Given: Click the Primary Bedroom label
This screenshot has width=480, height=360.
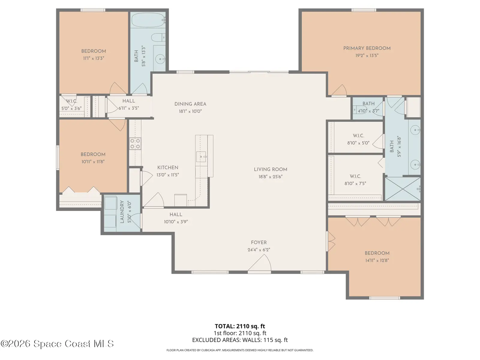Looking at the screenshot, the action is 367,48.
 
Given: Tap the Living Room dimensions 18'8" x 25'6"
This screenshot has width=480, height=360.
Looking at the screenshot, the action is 271,177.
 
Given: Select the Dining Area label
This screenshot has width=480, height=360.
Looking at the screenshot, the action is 190,104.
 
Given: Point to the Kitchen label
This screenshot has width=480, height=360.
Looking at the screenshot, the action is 168,168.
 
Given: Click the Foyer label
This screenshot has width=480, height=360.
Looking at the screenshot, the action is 259,242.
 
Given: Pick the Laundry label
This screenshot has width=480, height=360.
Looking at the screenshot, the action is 122,212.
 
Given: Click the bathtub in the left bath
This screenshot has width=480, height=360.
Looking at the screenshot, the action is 148,20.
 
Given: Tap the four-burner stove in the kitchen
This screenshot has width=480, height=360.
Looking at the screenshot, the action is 135,144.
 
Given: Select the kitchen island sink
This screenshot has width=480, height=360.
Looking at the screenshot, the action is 201,157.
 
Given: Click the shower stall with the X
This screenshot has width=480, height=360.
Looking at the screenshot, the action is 403,189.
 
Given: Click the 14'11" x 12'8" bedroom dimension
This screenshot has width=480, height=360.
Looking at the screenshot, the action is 377,260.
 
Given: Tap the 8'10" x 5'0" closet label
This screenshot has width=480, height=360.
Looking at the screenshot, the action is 358,143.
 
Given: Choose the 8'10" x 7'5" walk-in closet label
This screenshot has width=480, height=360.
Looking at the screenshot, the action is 355,183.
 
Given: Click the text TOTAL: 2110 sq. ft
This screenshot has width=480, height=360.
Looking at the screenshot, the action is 240,326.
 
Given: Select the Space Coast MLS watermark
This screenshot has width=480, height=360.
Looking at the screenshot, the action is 57,344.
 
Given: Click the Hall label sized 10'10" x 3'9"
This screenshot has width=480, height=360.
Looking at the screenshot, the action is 176,214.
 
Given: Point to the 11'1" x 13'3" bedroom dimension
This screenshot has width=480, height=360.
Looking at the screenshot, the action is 94,58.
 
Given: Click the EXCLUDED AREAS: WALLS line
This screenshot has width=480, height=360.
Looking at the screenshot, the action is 240,340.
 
